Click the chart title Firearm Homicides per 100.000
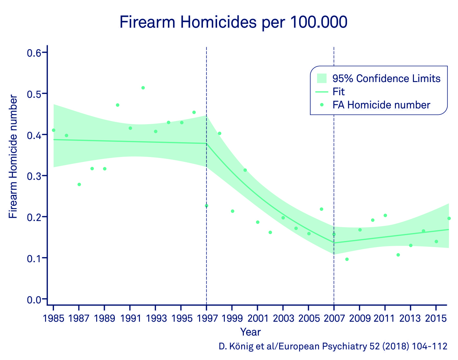[x=233, y=23]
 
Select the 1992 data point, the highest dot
[x=143, y=88]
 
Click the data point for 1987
[x=79, y=184]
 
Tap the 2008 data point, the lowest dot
[x=347, y=259]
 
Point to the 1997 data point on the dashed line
[x=206, y=206]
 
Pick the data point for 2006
[x=321, y=209]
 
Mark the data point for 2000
[x=245, y=170]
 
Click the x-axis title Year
[x=251, y=332]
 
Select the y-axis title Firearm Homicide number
[x=13, y=157]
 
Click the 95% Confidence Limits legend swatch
[x=322, y=78]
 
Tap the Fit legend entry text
[x=339, y=92]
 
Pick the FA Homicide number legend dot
[x=322, y=105]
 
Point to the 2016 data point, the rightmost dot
[x=449, y=218]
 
